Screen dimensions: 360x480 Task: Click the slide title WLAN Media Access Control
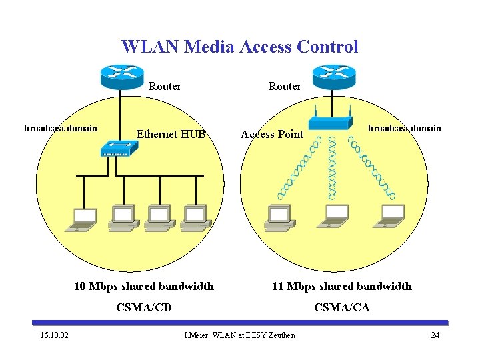tap(239, 47)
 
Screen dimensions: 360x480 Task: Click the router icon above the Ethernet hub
tap(120, 76)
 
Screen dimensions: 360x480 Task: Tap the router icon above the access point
tap(334, 76)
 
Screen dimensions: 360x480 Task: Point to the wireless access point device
tap(330, 122)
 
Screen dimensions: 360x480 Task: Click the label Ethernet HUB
tap(171, 134)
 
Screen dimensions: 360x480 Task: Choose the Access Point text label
tap(271, 134)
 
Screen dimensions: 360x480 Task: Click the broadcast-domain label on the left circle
tap(61, 128)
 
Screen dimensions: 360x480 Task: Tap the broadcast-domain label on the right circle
tap(405, 128)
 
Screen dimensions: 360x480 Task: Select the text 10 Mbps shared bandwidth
tap(143, 286)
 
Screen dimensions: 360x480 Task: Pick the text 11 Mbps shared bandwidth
tap(341, 286)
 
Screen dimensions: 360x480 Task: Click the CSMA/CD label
tap(143, 307)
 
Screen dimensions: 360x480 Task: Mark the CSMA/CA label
tap(341, 307)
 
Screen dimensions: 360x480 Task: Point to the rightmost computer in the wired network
tap(194, 217)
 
